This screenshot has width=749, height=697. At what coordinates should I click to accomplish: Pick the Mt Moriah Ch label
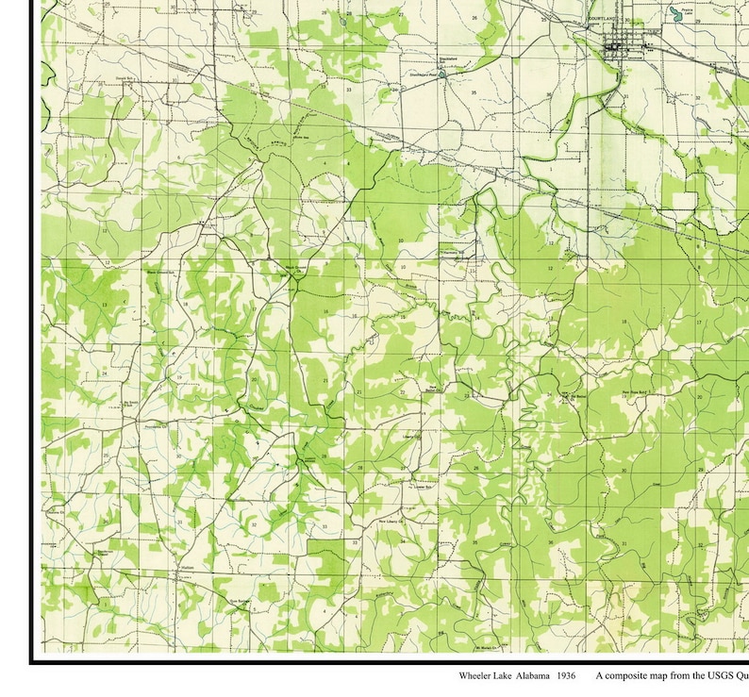(x=486, y=648)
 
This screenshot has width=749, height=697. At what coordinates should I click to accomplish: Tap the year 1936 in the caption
(x=566, y=676)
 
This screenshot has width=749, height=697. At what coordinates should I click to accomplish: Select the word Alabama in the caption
(x=532, y=676)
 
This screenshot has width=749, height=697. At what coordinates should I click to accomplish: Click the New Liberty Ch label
(x=390, y=520)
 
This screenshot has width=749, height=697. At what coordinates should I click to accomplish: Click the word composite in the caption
(x=631, y=676)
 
